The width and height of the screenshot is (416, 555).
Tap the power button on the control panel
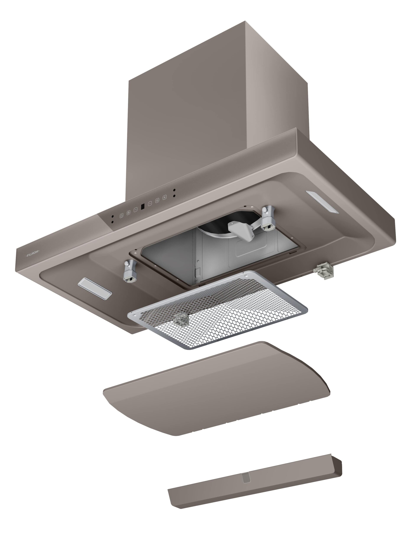121,215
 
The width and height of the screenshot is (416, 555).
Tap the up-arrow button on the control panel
150,204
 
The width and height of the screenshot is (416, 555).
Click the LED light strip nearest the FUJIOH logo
95,289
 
